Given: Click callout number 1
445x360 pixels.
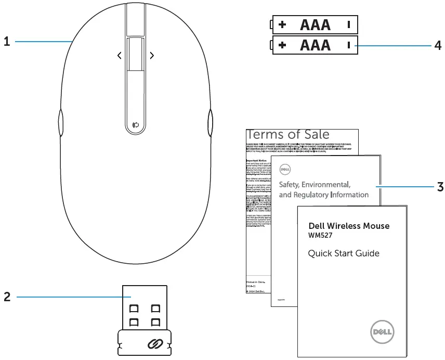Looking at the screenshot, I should pos(7,42).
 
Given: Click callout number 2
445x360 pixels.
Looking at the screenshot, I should pos(7,297).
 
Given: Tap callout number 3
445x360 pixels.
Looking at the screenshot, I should pos(440,186).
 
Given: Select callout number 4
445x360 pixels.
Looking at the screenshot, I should pos(438,45).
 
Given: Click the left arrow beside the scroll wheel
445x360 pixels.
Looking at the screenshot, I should pos(119,55).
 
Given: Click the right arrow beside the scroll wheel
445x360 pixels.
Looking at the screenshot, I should pos(151,55).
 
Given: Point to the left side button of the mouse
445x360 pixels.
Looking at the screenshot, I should pos(60,123).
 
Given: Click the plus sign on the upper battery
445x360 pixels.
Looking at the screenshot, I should pos(282,24).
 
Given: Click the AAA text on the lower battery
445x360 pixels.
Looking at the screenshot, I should pos(315,45).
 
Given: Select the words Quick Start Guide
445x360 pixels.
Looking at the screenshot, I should pos(344,254).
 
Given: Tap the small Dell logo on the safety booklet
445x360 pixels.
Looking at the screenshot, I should pos(284,169).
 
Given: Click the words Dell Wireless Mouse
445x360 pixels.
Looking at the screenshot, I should pos(349,226).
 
